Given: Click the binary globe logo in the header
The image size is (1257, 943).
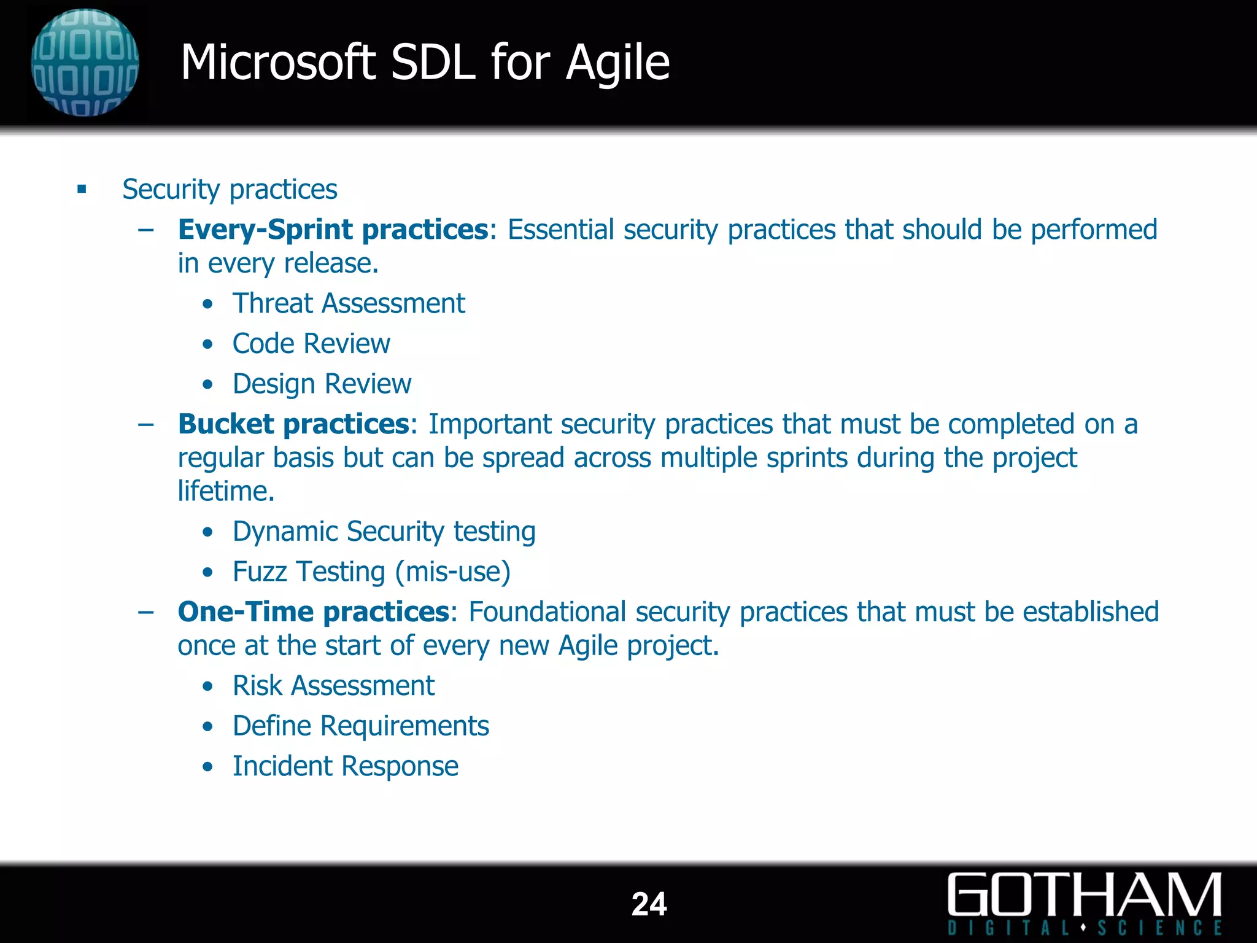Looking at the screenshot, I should tap(85, 63).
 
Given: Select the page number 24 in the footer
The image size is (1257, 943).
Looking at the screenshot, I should tap(649, 904).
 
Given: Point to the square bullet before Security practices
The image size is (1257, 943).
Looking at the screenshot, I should tap(82, 189).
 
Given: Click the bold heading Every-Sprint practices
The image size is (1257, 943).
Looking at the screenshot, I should tap(333, 230).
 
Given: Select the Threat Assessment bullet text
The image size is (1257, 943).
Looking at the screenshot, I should tap(349, 303).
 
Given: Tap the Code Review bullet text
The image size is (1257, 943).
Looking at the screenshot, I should tap(311, 344).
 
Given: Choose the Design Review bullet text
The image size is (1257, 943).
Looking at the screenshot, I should tap(322, 384).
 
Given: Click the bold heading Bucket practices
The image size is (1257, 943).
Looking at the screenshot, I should tap(293, 424).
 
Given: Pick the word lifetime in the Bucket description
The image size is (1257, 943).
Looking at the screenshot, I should tap(225, 491).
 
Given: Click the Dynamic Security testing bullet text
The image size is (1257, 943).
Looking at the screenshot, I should tap(384, 532).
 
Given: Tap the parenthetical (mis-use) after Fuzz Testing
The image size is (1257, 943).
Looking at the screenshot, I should tap(452, 572).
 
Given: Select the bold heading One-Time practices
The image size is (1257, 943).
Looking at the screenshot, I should tap(313, 612).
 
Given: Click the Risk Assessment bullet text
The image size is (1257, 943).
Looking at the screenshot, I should tap(333, 686).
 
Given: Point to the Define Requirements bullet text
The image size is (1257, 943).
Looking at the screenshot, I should tap(360, 726).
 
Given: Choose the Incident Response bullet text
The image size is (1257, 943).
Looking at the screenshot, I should tap(345, 766).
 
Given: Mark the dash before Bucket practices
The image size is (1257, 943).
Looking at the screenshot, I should tap(146, 424).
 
